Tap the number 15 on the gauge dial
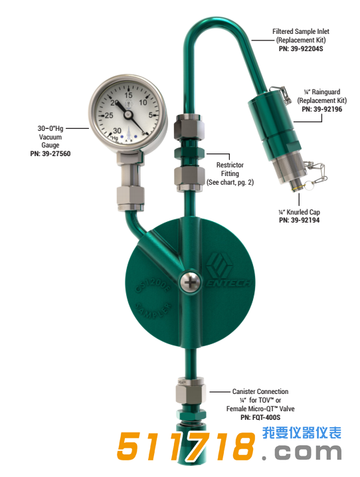[129, 95]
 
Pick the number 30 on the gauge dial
[117, 130]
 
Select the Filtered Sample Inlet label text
[301, 31]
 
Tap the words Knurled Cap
[303, 212]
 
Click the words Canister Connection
[260, 392]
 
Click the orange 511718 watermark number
[186, 447]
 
